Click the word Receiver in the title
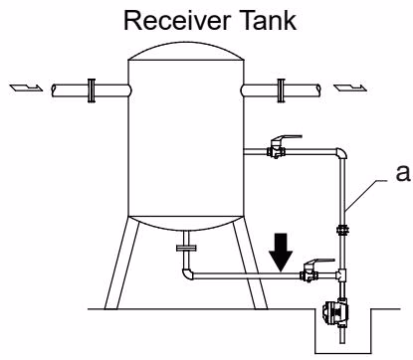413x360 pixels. coord(176,21)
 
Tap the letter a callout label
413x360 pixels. coord(403,173)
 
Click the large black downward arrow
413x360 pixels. coord(281,252)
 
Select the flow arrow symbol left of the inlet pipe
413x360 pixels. coord(26,88)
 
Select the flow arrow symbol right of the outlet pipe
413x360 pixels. coord(350,88)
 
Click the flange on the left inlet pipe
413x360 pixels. coord(92,90)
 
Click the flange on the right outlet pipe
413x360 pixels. coord(282,90)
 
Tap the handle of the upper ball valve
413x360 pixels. coord(288,138)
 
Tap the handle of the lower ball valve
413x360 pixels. coord(320,262)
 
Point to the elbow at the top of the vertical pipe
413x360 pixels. coord(341,153)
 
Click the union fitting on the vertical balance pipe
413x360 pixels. coord(342,230)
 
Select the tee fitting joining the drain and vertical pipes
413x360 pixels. coord(341,274)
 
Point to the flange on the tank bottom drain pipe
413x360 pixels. coord(186,248)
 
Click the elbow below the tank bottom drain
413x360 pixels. coord(187,274)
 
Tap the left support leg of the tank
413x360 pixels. coord(121,264)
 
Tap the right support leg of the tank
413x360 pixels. coord(251,264)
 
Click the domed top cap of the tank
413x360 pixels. coord(186,51)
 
